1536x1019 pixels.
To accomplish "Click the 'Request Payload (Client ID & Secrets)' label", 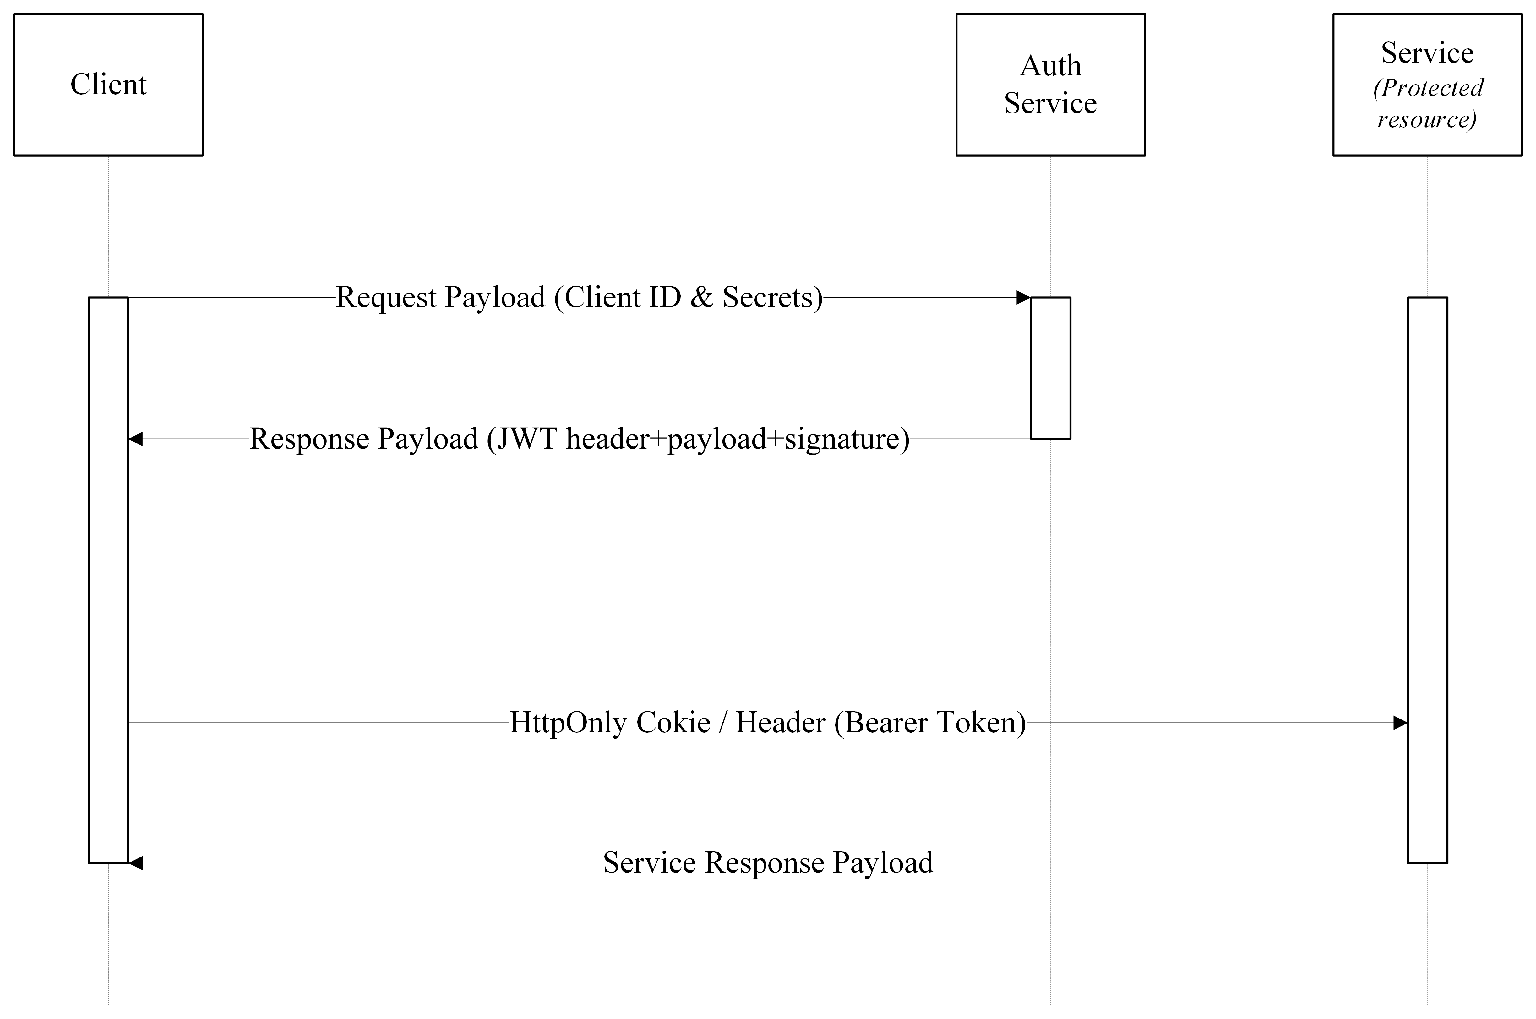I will point(579,298).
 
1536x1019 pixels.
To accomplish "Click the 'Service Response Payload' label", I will point(768,863).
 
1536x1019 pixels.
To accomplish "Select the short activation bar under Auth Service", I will point(1050,368).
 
